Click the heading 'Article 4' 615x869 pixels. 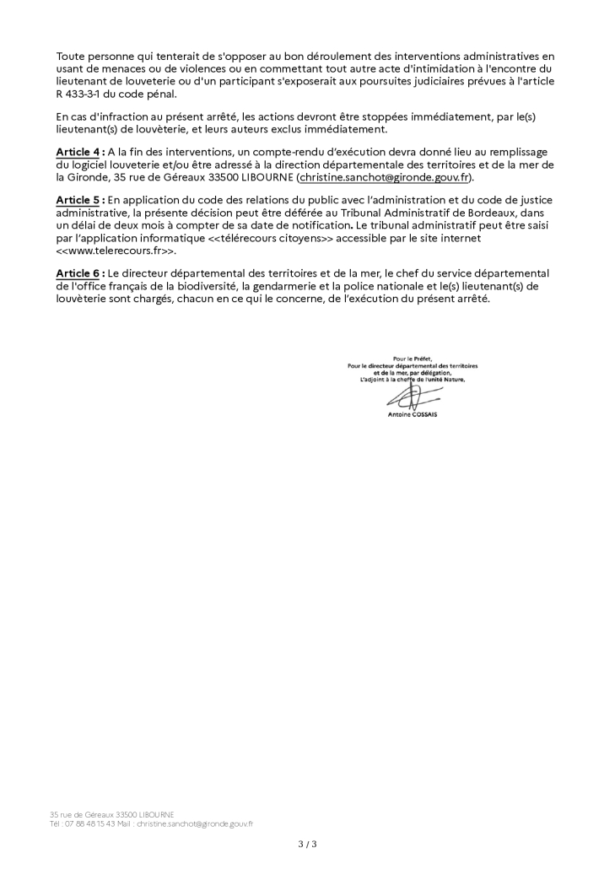tap(78, 151)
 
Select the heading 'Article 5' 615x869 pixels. tap(78, 199)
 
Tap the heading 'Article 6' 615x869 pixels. tap(78, 273)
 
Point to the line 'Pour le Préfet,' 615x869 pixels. tap(413, 359)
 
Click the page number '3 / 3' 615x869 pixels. tap(307, 843)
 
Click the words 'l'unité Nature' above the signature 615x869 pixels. tap(442, 380)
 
